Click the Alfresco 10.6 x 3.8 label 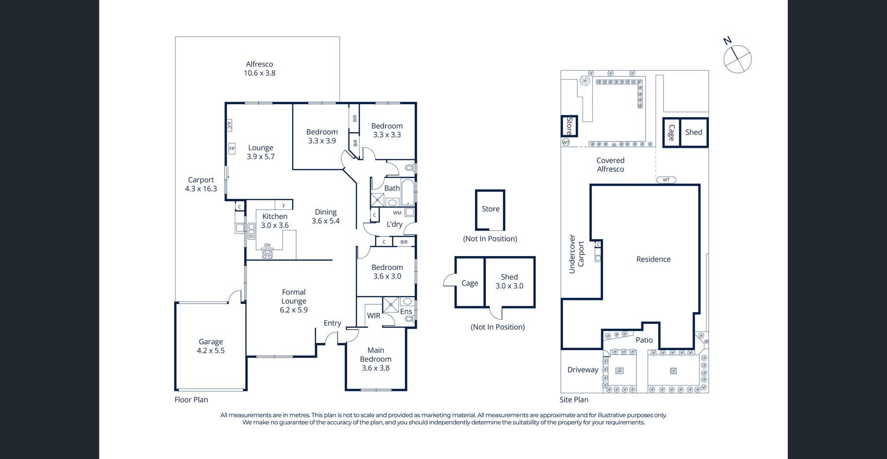(x=259, y=69)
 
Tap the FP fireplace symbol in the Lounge (x=232, y=148)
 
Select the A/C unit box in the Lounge (x=229, y=126)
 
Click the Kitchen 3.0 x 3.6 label (x=275, y=221)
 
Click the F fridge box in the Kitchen (x=284, y=206)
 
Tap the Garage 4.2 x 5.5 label (x=211, y=346)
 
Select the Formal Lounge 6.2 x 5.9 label (x=294, y=301)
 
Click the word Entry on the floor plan (x=333, y=323)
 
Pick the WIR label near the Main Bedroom (x=373, y=316)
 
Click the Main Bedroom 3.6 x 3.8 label (x=375, y=359)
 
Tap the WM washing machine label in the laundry (x=397, y=213)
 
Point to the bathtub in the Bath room (x=408, y=193)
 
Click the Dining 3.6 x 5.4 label (x=326, y=216)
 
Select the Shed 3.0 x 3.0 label (x=509, y=282)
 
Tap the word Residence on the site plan (x=653, y=259)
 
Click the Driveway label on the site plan (x=583, y=370)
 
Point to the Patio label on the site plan (x=644, y=340)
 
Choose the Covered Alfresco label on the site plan (x=610, y=165)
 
